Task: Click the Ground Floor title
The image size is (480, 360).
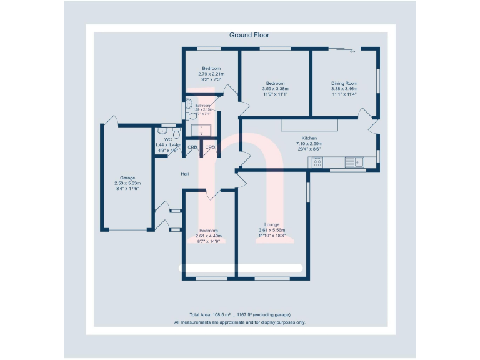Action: (249, 36)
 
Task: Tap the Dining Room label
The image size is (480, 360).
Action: (344, 83)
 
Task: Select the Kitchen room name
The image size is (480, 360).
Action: (309, 138)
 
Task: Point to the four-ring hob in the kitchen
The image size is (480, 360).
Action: (317, 162)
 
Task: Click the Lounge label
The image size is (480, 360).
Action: (272, 224)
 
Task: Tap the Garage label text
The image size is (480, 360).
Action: (127, 177)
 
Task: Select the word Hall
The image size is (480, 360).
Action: (185, 174)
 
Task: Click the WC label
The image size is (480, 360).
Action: (168, 139)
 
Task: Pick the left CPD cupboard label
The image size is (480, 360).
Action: (192, 147)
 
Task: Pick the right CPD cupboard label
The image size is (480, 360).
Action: (210, 147)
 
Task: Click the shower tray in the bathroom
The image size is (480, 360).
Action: (202, 130)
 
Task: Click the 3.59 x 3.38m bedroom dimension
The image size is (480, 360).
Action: (275, 89)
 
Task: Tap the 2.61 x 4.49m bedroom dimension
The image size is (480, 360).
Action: (209, 236)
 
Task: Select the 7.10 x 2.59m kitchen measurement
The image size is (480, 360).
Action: (309, 144)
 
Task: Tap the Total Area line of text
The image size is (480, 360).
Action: (239, 314)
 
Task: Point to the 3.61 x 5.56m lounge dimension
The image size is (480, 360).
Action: (272, 230)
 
